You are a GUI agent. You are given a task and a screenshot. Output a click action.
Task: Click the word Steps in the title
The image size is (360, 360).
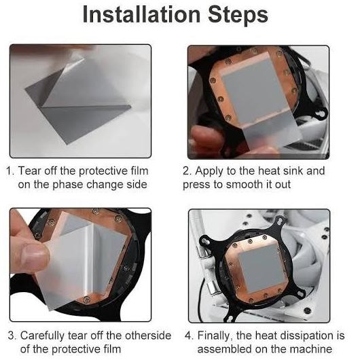[238, 15]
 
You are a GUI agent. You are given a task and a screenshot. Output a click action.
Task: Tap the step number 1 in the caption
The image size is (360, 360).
[10, 171]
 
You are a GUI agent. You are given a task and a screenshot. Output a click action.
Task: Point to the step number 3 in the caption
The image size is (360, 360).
[12, 336]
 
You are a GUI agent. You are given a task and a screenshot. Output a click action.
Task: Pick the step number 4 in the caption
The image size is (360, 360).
[190, 336]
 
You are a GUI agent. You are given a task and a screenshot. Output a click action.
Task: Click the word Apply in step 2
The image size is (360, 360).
[209, 172]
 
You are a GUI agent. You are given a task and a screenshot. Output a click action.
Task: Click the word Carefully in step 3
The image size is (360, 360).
[43, 336]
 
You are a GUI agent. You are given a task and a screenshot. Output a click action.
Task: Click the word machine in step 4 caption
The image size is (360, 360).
[311, 349]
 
